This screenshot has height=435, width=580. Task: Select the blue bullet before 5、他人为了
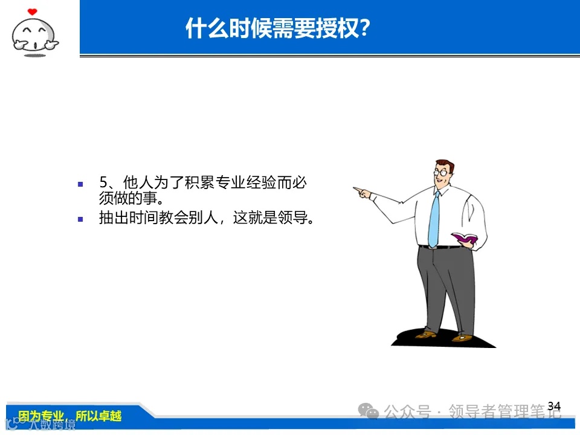[80, 183]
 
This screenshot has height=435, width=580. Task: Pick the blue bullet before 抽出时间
[80, 219]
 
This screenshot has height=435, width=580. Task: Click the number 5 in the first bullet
[103, 183]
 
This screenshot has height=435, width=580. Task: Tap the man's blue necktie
[434, 217]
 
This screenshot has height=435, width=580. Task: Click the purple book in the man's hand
[465, 239]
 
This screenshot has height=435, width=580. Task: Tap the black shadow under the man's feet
[444, 340]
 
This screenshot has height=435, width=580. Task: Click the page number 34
[554, 405]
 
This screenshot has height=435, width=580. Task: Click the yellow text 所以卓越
[98, 416]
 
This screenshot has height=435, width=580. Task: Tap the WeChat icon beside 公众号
[369, 411]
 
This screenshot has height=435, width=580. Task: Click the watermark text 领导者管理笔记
[504, 412]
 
